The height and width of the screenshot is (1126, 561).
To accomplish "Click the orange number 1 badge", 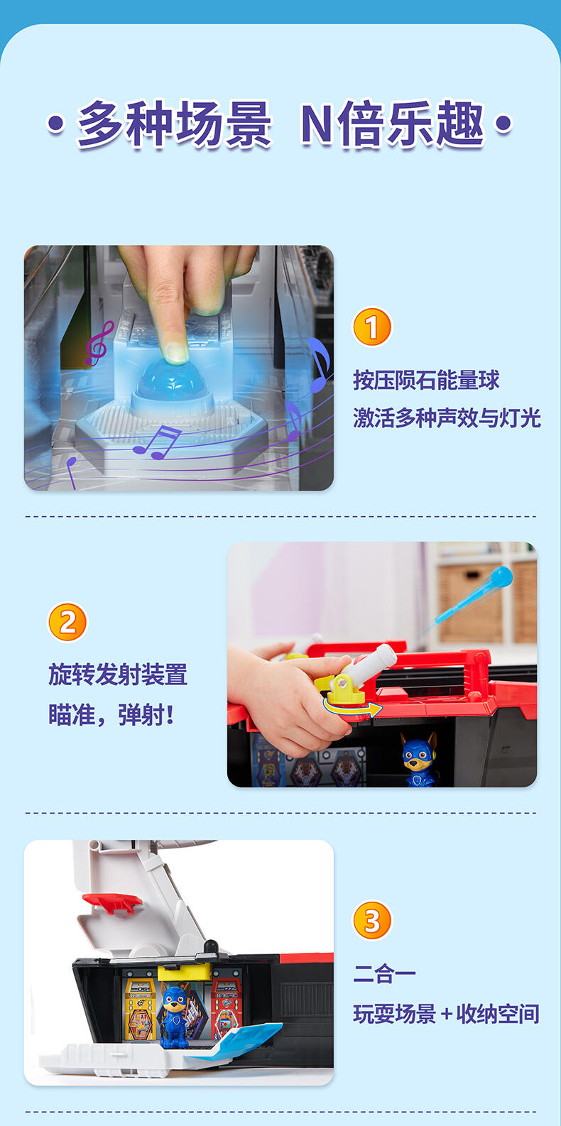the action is [371, 327].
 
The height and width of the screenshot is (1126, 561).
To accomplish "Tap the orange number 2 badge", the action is [67, 623].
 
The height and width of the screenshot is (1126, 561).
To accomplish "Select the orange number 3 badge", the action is [372, 920].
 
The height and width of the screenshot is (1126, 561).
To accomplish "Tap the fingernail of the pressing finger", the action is [176, 353].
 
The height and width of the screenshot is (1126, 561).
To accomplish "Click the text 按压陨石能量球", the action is [426, 380].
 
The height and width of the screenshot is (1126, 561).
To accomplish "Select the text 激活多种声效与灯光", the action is [447, 418].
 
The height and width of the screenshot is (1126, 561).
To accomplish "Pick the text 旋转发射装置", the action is [118, 674].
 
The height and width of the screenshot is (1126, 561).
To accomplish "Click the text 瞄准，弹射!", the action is [111, 715].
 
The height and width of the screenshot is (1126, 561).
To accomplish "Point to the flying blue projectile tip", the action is [501, 576].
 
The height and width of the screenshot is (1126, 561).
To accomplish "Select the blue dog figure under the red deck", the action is [418, 759].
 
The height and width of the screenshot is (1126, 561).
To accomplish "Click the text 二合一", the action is [385, 973].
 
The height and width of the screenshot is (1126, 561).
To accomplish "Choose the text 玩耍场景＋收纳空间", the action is [447, 1014].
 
